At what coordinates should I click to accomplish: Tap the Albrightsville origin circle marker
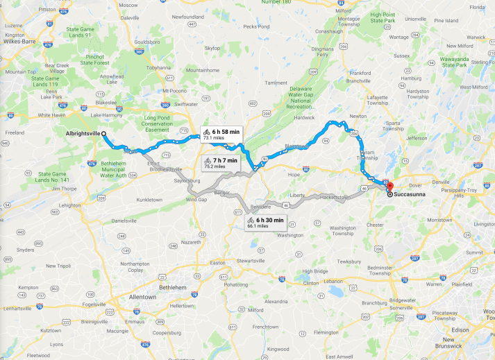point(103,133)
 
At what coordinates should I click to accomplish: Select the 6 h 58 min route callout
point(221,134)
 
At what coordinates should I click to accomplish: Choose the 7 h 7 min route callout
point(220,163)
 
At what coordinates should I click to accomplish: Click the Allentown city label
point(144,296)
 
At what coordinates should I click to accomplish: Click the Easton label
point(217,263)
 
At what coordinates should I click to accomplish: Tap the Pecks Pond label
point(255,26)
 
